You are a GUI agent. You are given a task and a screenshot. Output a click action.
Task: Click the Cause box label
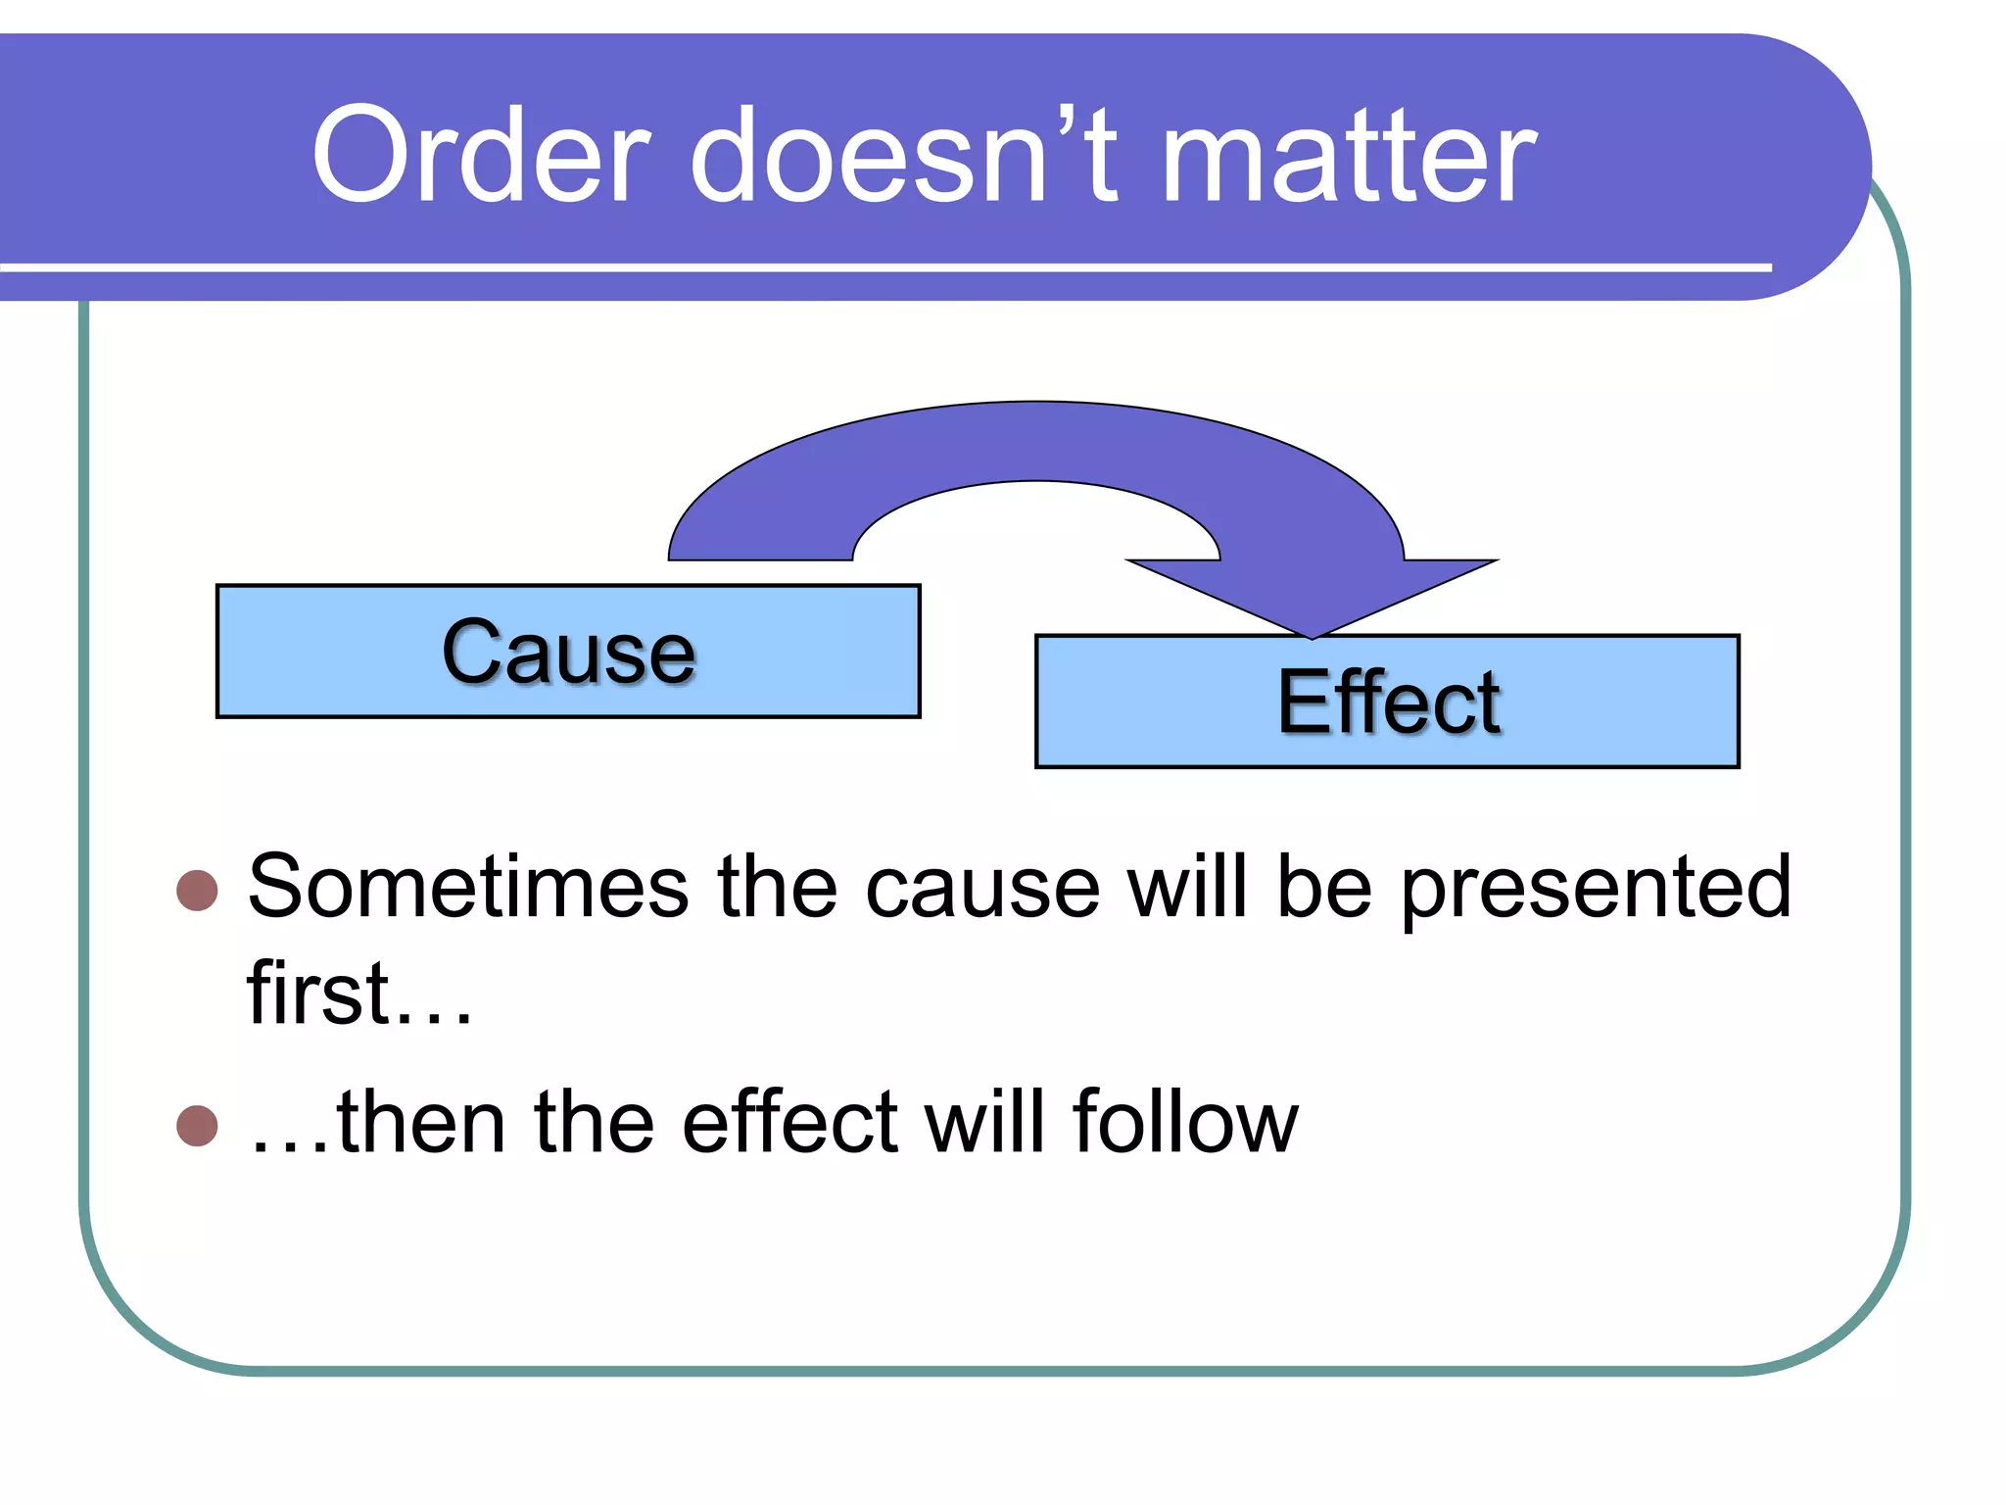click(568, 653)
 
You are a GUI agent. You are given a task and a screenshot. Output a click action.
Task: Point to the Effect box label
click(1389, 703)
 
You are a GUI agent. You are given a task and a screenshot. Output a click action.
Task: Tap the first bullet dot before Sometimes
click(197, 891)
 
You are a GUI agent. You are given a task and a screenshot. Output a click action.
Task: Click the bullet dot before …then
click(197, 1126)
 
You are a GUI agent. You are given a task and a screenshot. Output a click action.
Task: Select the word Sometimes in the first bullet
click(468, 887)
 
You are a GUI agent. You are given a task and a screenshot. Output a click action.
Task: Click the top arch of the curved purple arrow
click(1036, 441)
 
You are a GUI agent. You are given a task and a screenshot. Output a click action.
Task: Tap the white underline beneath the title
click(882, 267)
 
